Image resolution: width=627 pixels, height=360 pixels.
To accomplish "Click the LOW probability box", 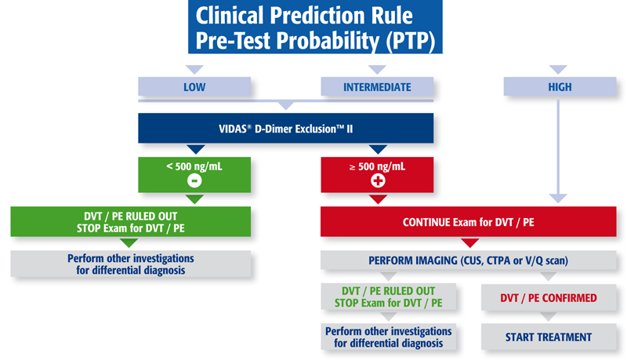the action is point(194,86).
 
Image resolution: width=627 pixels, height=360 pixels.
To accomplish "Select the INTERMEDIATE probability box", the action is point(377,86).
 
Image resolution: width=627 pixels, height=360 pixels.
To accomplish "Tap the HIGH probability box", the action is point(560,86).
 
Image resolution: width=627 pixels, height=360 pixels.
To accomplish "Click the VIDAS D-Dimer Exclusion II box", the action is point(286,128).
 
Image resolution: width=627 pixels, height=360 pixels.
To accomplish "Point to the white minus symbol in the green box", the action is point(194,181).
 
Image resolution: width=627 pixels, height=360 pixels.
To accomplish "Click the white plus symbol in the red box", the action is point(378,181).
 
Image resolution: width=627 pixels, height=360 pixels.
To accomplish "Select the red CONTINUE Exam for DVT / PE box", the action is point(468,222).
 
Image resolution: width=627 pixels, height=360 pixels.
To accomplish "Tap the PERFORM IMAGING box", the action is point(468,260).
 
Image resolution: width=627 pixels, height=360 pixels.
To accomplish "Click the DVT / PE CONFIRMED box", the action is point(548,297).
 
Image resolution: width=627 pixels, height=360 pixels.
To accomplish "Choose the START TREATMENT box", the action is point(548,336).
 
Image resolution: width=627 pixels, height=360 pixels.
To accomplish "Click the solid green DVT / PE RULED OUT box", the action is point(131,222).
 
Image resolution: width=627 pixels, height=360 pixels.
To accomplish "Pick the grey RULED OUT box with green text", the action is point(388,296).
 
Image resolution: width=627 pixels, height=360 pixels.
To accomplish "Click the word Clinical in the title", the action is point(230,16).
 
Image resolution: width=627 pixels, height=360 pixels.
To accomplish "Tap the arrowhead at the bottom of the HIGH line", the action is point(558,198).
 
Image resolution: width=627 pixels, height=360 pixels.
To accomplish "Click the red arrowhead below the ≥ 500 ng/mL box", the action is point(378,199).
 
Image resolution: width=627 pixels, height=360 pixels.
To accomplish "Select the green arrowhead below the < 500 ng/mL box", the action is point(194,199).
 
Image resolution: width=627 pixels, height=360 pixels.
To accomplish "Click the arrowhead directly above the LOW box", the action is point(194,70).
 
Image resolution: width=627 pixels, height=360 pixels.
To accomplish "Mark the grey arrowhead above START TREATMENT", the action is point(548,316).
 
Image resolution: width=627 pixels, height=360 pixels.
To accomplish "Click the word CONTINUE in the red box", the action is point(426,222).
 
